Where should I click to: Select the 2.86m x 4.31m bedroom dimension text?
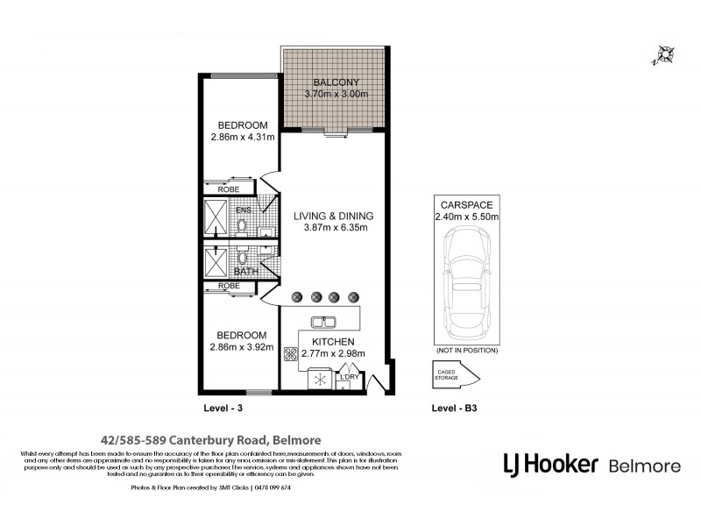[243, 137]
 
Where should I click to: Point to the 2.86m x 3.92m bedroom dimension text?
[243, 347]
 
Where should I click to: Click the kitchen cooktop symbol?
[291, 355]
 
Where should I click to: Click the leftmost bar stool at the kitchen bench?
[297, 297]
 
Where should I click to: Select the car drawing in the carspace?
[465, 285]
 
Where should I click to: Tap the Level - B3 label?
[455, 409]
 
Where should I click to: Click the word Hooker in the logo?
[563, 464]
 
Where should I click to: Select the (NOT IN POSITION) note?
[466, 350]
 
